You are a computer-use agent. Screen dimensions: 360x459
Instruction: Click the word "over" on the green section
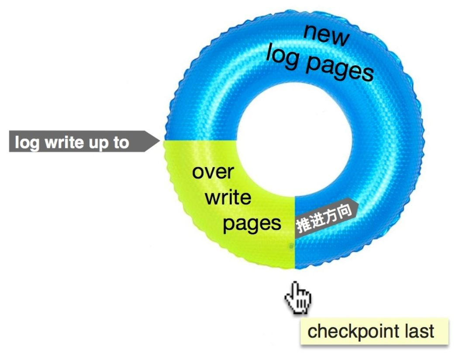(213, 172)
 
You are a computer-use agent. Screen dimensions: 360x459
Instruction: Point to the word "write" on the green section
(228, 197)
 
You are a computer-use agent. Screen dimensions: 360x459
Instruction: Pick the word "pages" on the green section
(252, 223)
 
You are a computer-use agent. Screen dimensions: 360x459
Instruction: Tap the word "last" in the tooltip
(419, 331)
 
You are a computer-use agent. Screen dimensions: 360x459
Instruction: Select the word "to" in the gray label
(120, 142)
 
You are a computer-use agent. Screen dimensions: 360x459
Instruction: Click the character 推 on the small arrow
(303, 226)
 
